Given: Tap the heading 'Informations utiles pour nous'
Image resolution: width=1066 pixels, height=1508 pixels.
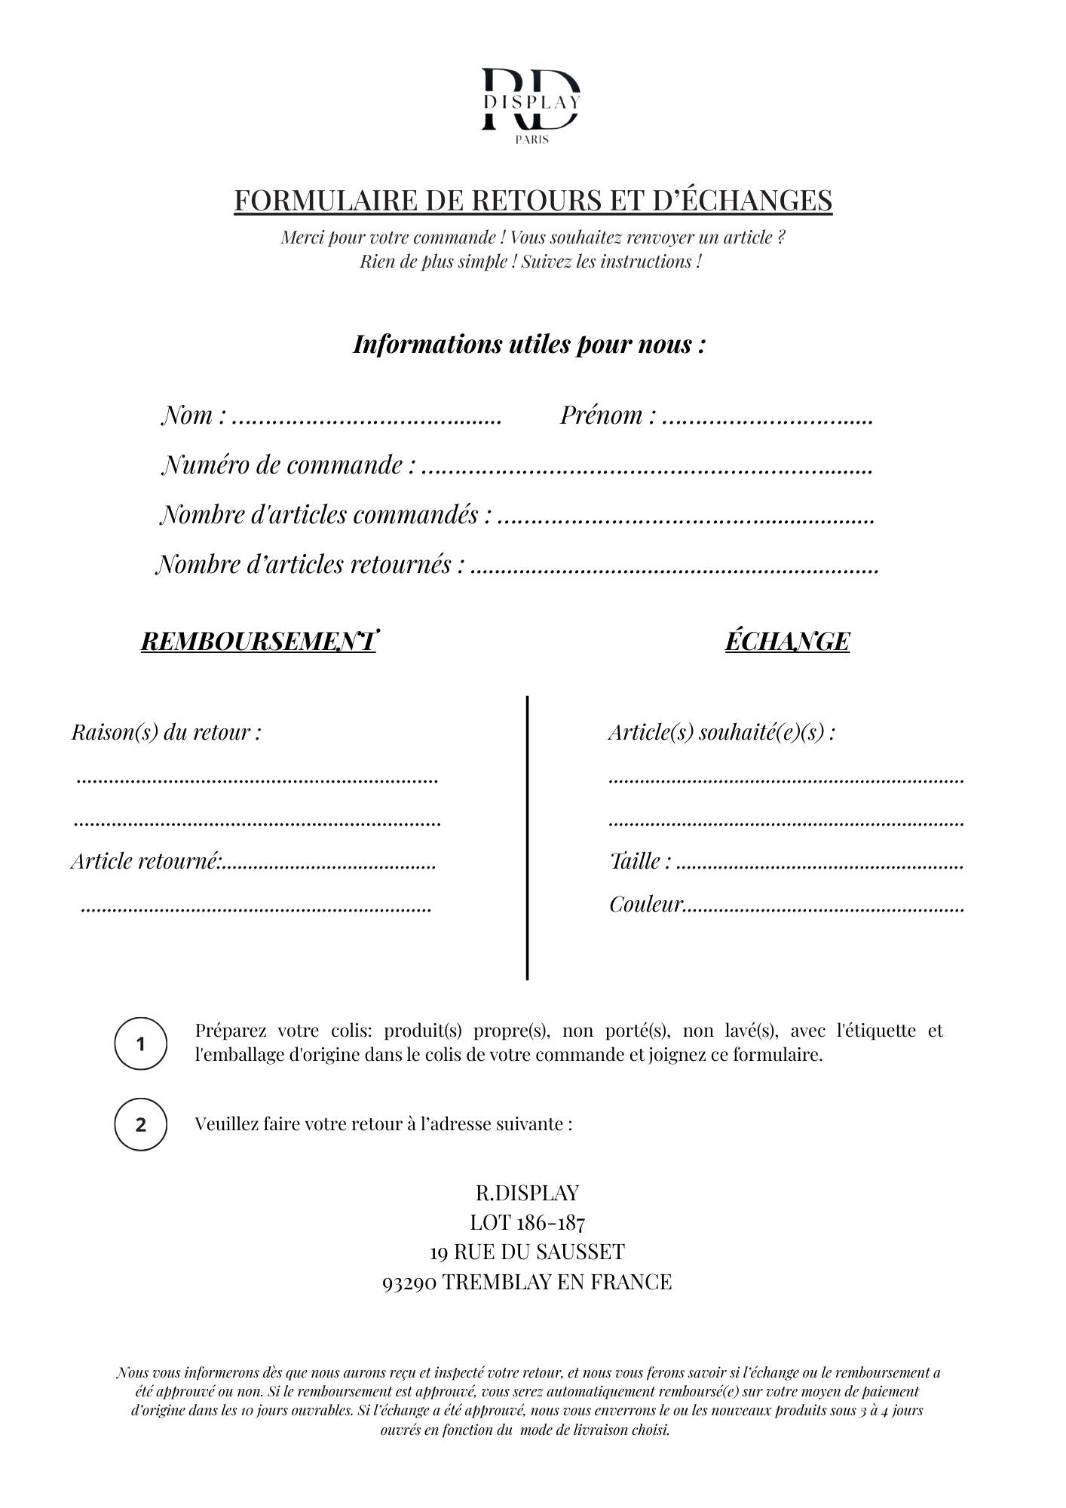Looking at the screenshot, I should tap(529, 344).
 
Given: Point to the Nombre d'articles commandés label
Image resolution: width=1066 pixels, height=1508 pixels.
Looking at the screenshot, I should tap(326, 515).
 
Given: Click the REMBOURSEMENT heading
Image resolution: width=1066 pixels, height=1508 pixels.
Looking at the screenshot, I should tap(258, 642).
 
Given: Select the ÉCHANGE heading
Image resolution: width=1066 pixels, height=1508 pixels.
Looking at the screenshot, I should tap(787, 642).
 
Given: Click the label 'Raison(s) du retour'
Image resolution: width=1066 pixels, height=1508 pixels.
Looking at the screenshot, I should tap(167, 732).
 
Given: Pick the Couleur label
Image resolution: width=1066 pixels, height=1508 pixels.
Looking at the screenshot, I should tap(645, 904).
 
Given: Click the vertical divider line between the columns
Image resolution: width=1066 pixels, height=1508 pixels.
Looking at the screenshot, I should tap(527, 837).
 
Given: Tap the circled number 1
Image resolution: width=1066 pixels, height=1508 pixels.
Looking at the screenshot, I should tap(140, 1044).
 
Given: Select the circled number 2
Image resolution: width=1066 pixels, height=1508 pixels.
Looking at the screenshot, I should tap(140, 1124).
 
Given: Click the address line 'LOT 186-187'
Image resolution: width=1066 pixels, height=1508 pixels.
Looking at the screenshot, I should tap(527, 1222).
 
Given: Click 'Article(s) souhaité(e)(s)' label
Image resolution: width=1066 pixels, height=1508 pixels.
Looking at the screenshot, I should tap(721, 732).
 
